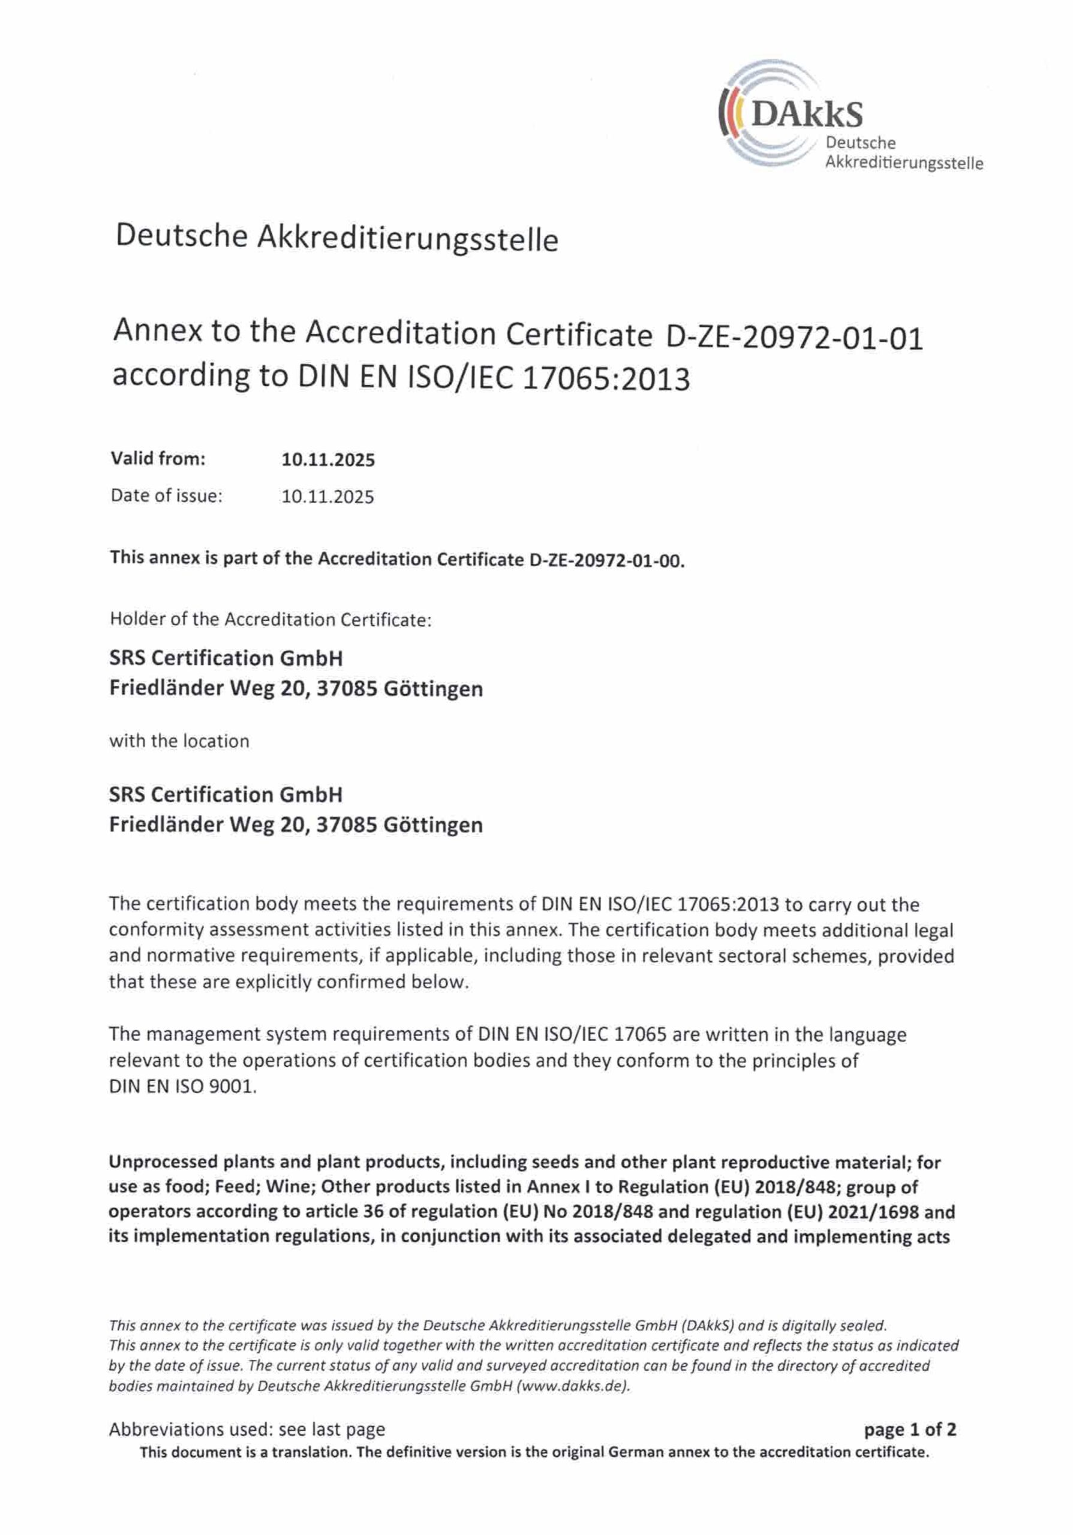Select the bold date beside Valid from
327,460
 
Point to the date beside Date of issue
327,496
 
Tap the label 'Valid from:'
158,459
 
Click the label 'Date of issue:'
166,495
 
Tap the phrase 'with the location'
179,741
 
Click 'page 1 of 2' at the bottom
910,1429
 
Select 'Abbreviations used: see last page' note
247,1429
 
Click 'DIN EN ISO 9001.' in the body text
182,1086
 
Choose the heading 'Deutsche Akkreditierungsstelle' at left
336,237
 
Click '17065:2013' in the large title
605,379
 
